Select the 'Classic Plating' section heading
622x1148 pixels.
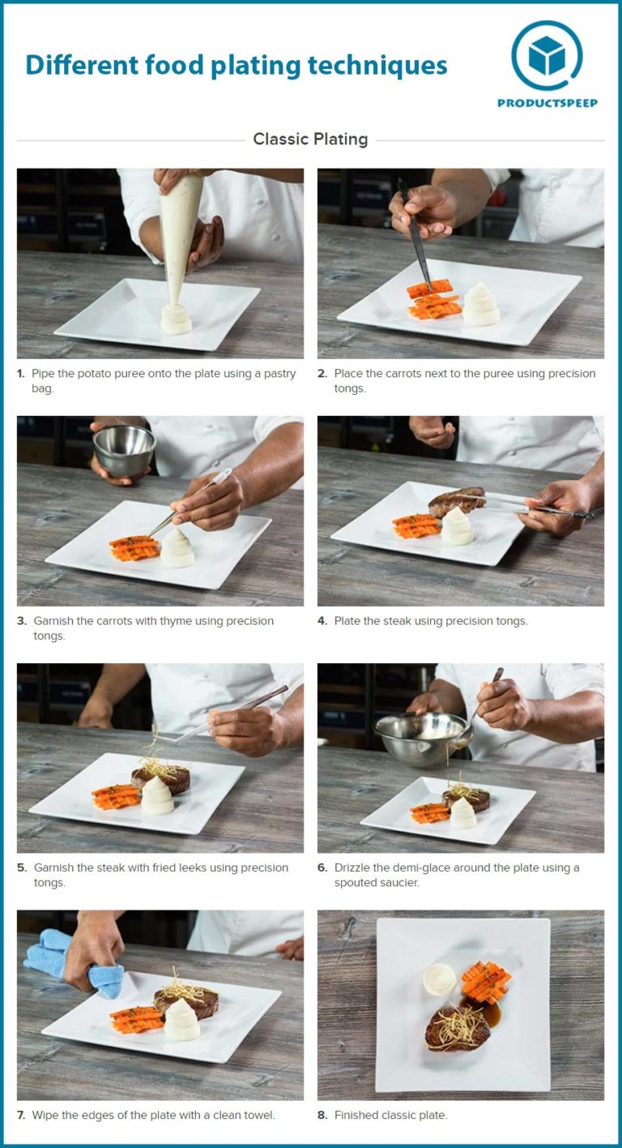[310, 139]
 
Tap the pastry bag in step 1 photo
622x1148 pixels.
[181, 235]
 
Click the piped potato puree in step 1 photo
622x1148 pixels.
[176, 319]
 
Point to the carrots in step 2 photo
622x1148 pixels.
[434, 301]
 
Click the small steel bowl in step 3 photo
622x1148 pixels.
[124, 450]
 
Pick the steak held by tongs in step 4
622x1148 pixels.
[457, 501]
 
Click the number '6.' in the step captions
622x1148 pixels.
[322, 867]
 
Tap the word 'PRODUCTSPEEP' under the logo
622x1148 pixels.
[547, 103]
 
